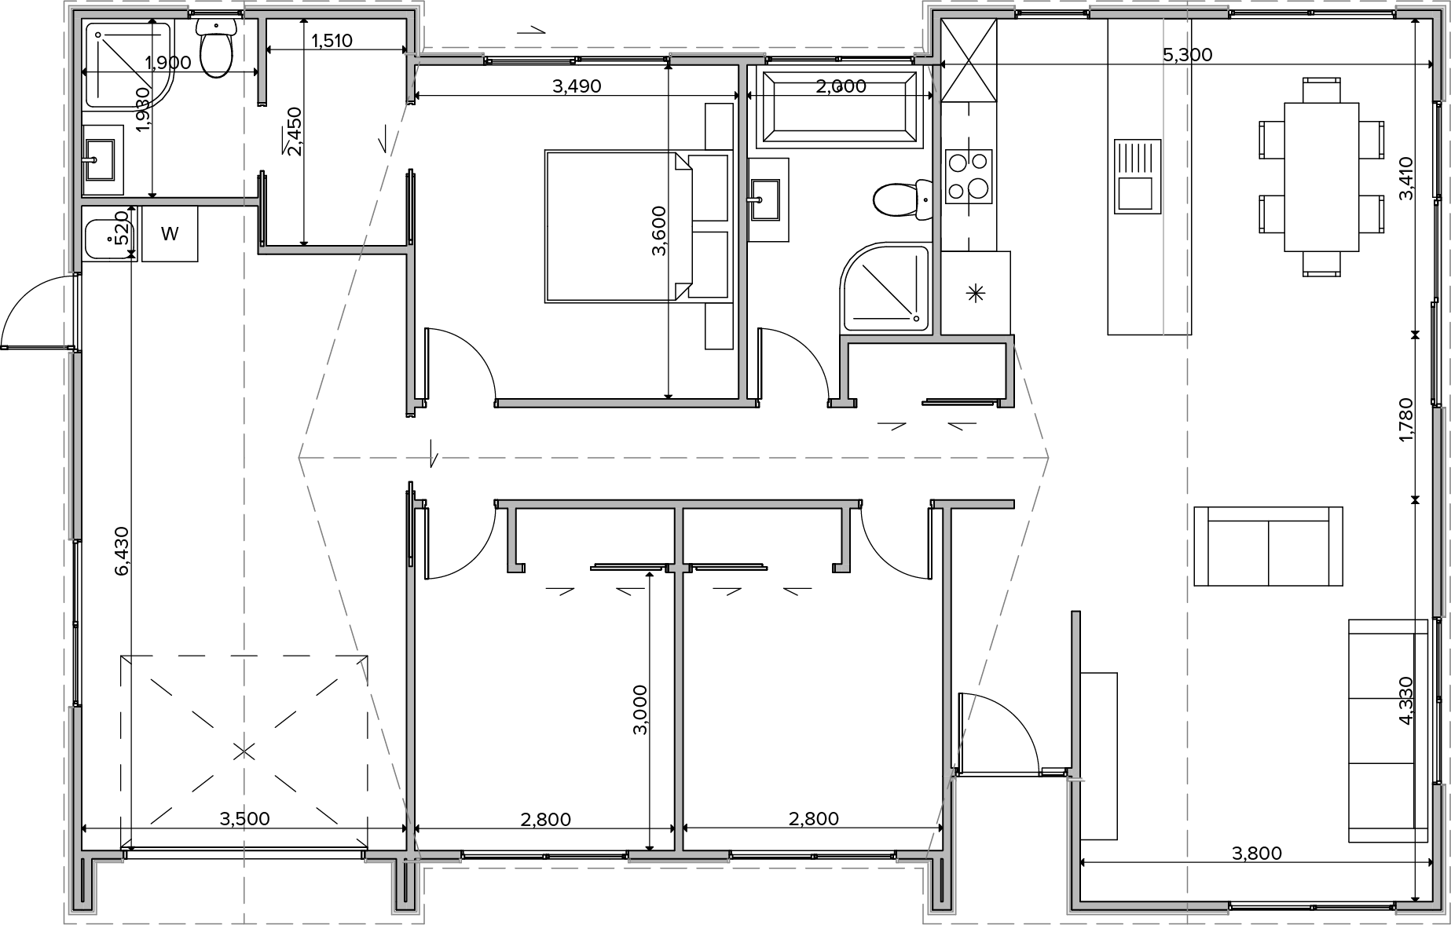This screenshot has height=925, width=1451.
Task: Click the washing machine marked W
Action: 170,233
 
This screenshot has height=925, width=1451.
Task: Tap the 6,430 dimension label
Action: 122,551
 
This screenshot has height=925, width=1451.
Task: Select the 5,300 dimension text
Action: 1187,55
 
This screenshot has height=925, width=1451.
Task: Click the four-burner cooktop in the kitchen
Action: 969,177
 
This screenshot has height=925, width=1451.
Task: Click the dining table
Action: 1321,177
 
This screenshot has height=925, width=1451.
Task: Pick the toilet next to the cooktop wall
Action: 903,199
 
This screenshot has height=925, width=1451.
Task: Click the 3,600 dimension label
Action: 659,231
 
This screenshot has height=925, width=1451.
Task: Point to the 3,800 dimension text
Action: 1257,853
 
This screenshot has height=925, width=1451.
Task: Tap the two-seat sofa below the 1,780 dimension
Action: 1268,547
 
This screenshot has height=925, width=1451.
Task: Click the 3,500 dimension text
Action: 244,819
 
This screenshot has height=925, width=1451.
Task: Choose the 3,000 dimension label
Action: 640,709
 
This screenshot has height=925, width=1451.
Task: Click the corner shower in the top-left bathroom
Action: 127,64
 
